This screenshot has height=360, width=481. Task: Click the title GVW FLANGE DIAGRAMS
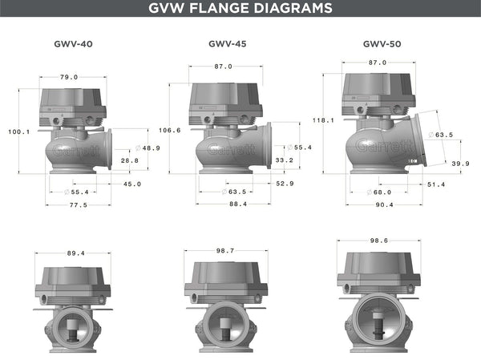pyautogui.click(x=240, y=9)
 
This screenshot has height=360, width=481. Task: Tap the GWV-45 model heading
pyautogui.click(x=227, y=45)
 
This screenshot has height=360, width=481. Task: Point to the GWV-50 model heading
pyautogui.click(x=381, y=45)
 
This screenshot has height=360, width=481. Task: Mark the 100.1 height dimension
pyautogui.click(x=18, y=131)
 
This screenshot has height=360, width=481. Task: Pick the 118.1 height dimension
pyautogui.click(x=325, y=119)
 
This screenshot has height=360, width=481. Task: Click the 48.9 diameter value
pyautogui.click(x=151, y=148)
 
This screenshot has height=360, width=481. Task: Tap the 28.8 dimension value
pyautogui.click(x=129, y=160)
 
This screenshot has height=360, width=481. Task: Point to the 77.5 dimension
pyautogui.click(x=77, y=204)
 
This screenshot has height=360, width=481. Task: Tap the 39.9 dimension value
pyautogui.click(x=460, y=164)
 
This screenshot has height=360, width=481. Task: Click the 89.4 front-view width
pyautogui.click(x=75, y=253)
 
